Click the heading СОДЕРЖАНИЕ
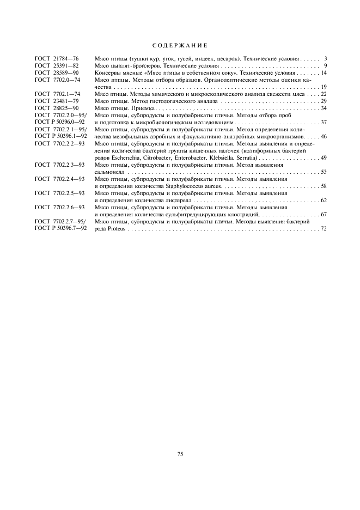(x=180, y=45)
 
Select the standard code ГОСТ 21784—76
(x=57, y=58)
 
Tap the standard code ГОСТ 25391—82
(x=57, y=65)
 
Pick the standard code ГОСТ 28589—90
(x=57, y=72)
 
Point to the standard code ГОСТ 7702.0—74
(x=57, y=80)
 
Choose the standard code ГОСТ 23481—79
(x=57, y=101)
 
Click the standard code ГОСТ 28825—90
(x=57, y=108)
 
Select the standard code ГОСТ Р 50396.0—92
(x=60, y=122)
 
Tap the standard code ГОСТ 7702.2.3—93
(x=59, y=165)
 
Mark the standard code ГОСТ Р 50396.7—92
(x=60, y=228)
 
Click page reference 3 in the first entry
(x=325, y=58)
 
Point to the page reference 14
(x=324, y=72)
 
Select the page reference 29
(x=324, y=101)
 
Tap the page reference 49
(x=324, y=157)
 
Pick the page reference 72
(x=324, y=228)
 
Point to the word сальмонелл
(x=109, y=172)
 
